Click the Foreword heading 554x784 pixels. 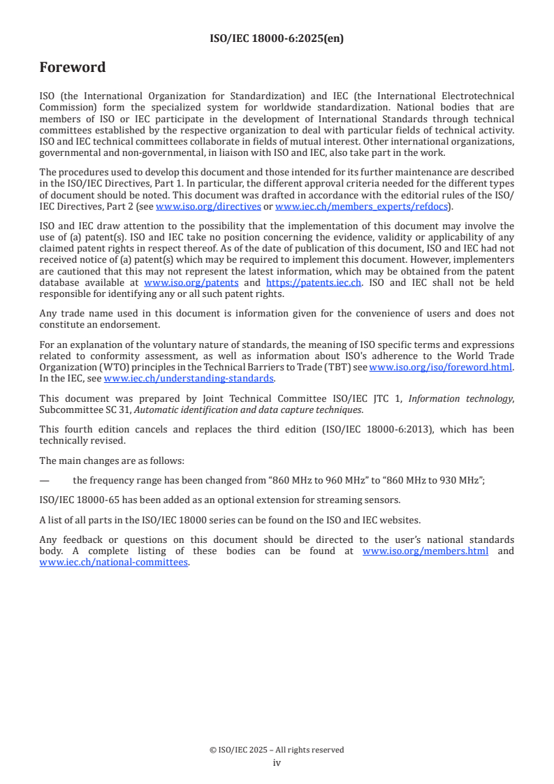pos(73,68)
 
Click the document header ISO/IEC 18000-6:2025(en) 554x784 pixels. pos(277,39)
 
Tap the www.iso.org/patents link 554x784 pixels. pos(191,282)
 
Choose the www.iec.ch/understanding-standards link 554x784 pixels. pos(189,378)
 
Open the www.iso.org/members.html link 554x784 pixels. pos(425,551)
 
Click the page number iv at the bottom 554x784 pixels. pos(277,763)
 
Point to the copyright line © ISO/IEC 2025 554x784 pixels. pos(277,750)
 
